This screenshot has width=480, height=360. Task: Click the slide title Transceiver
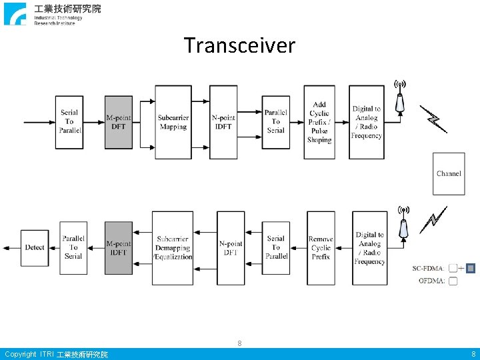239,45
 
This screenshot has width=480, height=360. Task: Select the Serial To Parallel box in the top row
69,121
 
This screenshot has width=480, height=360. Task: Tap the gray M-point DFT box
119,122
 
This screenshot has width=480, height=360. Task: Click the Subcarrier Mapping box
173,122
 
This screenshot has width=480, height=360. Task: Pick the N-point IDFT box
223,122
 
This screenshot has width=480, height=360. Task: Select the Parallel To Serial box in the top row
275,121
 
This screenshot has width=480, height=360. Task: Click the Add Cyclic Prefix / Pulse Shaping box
319,122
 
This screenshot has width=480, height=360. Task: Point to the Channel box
449,173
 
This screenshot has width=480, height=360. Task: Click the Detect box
35,247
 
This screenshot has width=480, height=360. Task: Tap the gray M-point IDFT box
119,248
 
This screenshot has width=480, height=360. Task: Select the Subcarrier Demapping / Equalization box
173,248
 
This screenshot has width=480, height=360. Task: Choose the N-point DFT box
231,248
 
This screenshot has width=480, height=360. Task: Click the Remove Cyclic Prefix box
321,248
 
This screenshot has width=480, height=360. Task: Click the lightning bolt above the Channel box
434,119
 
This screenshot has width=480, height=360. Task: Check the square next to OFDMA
453,281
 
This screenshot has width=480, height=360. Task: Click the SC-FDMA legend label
428,269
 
